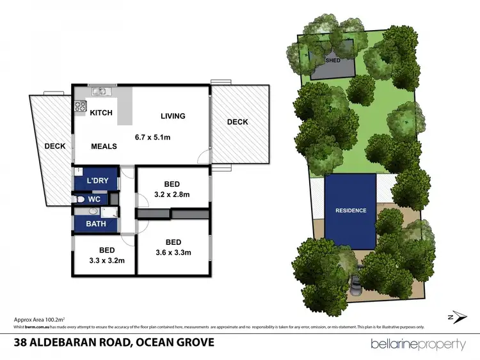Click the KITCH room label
click(x=101, y=113)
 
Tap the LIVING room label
click(x=173, y=116)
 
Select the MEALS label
click(x=104, y=146)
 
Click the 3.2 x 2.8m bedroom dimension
click(x=173, y=194)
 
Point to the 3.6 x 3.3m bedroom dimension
click(x=173, y=253)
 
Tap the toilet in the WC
click(x=77, y=200)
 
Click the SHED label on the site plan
click(x=332, y=61)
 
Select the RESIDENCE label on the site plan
click(x=351, y=210)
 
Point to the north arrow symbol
click(x=453, y=317)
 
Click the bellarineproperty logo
click(x=419, y=345)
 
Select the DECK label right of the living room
click(x=237, y=122)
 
